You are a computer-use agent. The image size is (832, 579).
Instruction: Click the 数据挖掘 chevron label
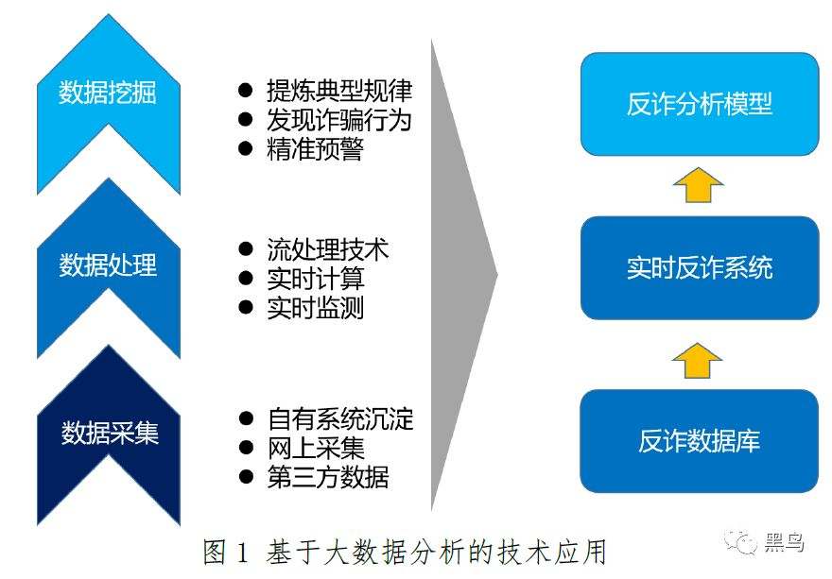[108, 93]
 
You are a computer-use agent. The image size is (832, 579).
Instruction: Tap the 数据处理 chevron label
[108, 264]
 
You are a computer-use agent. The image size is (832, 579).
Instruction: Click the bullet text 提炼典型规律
[339, 92]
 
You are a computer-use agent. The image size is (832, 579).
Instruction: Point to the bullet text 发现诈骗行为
[339, 121]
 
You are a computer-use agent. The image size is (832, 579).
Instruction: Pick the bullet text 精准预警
[315, 149]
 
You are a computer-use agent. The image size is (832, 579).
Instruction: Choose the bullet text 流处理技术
[327, 250]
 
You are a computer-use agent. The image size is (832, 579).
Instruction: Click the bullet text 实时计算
[315, 280]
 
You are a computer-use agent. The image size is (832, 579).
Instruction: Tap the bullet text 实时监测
[315, 308]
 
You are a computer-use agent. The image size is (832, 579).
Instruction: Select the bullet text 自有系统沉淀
[339, 418]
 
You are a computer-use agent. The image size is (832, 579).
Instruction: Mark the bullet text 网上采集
[315, 448]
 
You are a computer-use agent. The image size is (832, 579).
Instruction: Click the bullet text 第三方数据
[327, 476]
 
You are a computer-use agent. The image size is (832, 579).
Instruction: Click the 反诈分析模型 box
[699, 104]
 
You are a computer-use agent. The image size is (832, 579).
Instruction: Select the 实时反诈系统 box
[699, 268]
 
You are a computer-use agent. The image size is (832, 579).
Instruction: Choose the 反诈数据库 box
[699, 440]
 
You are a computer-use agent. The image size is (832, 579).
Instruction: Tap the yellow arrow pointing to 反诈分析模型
[698, 185]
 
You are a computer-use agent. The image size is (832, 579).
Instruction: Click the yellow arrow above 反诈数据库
[698, 359]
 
